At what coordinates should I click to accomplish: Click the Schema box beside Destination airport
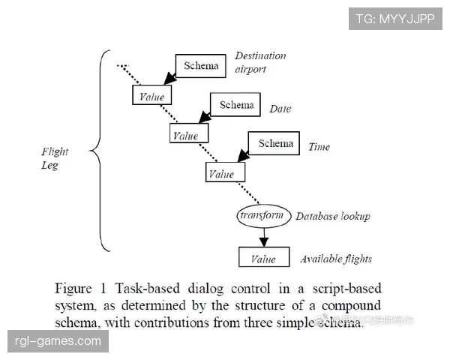coord(200,65)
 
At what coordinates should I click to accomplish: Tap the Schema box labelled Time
coord(276,143)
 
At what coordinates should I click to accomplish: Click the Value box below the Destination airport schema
coord(151,96)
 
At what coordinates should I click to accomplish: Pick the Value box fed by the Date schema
coord(188,135)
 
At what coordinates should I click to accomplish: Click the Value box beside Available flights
coord(263,259)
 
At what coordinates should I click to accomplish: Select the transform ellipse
coord(262,216)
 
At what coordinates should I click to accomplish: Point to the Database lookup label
coord(332,216)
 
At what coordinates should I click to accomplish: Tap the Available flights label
coord(336,259)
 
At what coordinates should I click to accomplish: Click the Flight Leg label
coord(54,159)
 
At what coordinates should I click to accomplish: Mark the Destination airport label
coord(260,62)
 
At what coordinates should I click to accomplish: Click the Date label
coord(280,109)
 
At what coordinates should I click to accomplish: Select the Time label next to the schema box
coord(319,147)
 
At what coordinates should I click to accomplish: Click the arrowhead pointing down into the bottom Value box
coord(263,241)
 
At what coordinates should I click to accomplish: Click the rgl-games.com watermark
coord(58,342)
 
